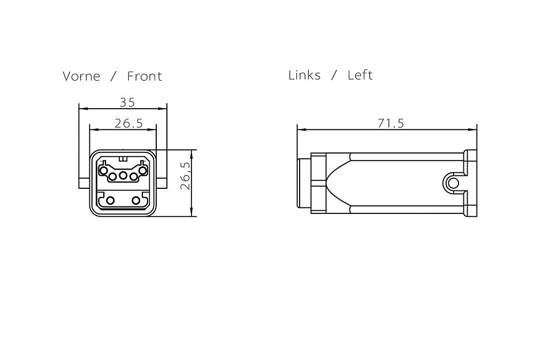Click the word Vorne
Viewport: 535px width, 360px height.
click(x=81, y=76)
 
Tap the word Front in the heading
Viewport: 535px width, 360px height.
click(x=144, y=76)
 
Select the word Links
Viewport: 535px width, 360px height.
click(x=304, y=75)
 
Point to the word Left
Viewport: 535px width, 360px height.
click(x=360, y=75)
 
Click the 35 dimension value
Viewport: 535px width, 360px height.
click(x=128, y=102)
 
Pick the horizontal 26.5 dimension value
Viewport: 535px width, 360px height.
click(x=128, y=123)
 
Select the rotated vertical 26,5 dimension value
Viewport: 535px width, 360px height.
click(x=185, y=176)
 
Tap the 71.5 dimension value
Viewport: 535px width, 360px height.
click(x=391, y=123)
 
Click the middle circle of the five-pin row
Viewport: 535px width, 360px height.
click(x=123, y=176)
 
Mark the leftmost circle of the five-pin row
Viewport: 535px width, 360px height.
click(x=103, y=169)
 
